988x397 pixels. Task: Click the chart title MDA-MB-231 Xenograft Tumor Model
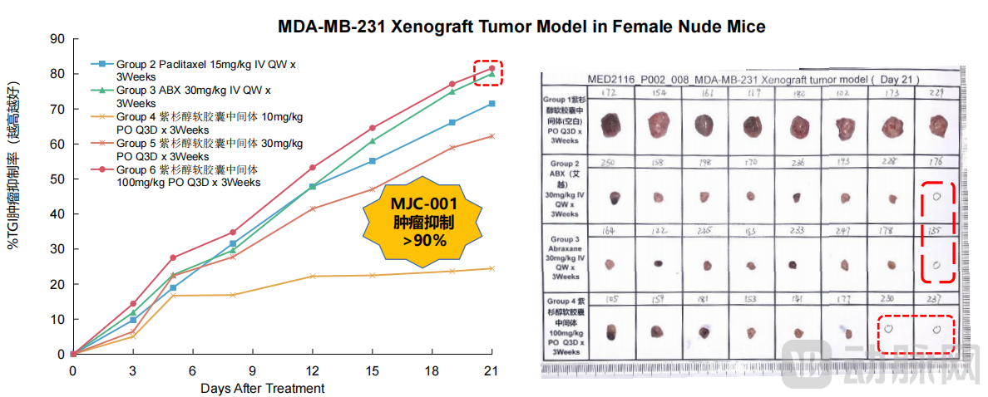pyautogui.click(x=521, y=26)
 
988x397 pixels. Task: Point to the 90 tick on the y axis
pyautogui.click(x=57, y=38)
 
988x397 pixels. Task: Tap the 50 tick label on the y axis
pyautogui.click(x=57, y=179)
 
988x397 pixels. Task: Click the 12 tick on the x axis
pyautogui.click(x=312, y=370)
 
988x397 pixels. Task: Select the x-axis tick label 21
pyautogui.click(x=492, y=370)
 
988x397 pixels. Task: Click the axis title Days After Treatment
pyautogui.click(x=262, y=388)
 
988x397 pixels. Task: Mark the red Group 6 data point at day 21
pyautogui.click(x=492, y=68)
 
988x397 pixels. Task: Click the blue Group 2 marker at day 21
pyautogui.click(x=492, y=103)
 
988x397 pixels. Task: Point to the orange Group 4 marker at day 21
pyautogui.click(x=492, y=268)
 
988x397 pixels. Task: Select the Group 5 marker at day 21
pyautogui.click(x=492, y=136)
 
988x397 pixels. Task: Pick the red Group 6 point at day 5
pyautogui.click(x=173, y=257)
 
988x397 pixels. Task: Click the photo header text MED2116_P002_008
pyautogui.click(x=640, y=78)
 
